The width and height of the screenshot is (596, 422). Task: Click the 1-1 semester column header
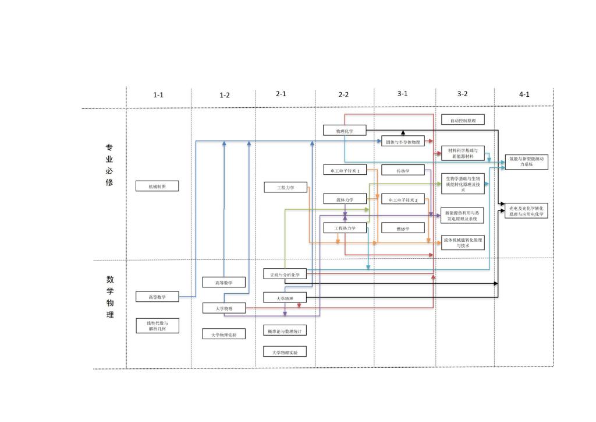(158, 95)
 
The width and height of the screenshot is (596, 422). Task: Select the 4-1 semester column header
(524, 94)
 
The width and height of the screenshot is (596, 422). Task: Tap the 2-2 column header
(343, 94)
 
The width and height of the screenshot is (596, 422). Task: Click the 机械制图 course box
(157, 186)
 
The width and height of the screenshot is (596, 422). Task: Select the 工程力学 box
(285, 187)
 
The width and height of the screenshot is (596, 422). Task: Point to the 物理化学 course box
(345, 131)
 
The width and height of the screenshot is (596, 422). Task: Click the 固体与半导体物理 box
(403, 142)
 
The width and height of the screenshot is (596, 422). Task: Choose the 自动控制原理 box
(463, 120)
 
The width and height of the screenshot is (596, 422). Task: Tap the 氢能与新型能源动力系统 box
(526, 161)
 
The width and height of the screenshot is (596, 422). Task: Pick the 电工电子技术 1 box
(345, 170)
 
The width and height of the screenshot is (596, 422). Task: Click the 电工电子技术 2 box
(403, 199)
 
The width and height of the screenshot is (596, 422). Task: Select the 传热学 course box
(403, 170)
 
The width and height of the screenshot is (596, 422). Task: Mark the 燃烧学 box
(403, 228)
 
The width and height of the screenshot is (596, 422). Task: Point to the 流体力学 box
(345, 199)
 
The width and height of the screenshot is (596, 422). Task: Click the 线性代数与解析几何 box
(157, 326)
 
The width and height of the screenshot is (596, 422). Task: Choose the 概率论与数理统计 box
(285, 330)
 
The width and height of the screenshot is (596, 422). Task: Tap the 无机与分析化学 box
(285, 274)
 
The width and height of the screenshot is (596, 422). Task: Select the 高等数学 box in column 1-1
(157, 297)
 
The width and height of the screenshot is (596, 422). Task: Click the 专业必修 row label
(109, 165)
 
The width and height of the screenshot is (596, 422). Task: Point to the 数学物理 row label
(109, 297)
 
